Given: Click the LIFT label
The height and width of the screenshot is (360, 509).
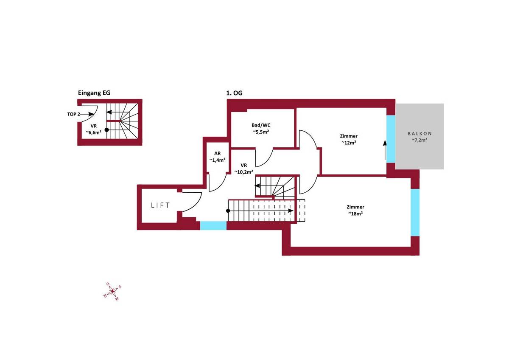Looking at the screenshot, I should point(160,205).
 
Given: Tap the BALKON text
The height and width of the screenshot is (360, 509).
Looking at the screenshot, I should point(420,133).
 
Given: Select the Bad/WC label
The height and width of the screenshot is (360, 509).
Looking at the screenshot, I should point(261,126).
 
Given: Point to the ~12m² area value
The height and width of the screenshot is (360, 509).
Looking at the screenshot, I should point(348,143).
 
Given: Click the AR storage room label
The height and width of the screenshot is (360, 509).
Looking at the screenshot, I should point(217,154).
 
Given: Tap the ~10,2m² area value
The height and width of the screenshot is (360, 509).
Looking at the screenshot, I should point(243,172).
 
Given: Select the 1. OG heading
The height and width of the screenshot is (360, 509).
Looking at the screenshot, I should point(235,93).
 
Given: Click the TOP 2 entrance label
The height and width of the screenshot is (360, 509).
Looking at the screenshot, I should point(74,114).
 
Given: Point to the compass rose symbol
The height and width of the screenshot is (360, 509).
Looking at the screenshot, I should point(112,291).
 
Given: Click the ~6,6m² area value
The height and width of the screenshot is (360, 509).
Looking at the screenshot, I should point(93,132).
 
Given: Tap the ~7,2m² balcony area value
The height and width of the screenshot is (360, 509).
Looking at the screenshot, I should point(420,140).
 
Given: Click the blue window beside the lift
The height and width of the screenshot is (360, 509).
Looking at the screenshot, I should point(213,226).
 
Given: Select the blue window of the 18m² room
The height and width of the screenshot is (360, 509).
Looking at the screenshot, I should point(415,212).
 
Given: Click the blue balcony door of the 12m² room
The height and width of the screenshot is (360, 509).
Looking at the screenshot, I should point(390,138).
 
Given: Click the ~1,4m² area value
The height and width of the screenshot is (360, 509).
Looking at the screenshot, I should point(217,160).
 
